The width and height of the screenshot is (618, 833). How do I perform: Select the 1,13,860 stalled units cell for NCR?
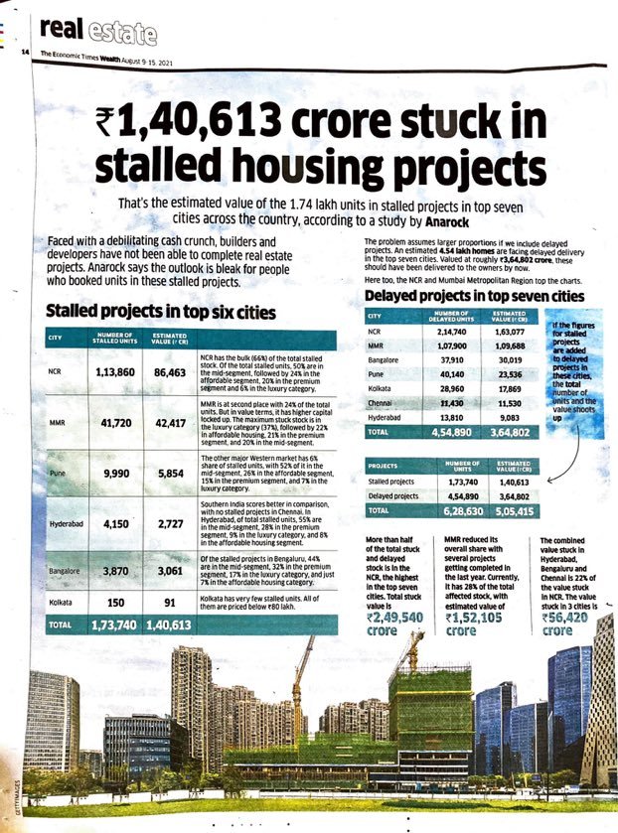(x=120, y=373)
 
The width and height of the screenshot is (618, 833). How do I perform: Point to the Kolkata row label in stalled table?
(x=61, y=603)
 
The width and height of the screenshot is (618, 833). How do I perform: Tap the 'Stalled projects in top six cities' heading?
(x=161, y=312)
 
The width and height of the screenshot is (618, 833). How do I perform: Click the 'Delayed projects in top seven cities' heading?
(x=474, y=295)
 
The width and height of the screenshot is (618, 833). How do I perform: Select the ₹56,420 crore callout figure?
(x=571, y=617)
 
